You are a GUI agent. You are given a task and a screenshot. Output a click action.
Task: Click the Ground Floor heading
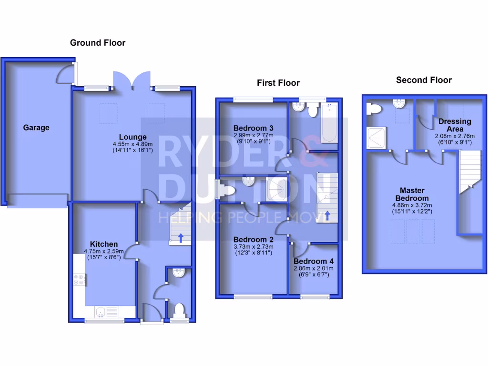[x=98, y=43]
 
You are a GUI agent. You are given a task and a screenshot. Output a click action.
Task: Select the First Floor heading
[x=278, y=83]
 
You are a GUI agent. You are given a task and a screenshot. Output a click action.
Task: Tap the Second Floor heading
[x=424, y=80]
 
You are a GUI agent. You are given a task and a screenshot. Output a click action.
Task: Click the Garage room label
[x=36, y=128]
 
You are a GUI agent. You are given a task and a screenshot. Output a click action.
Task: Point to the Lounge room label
[x=133, y=137]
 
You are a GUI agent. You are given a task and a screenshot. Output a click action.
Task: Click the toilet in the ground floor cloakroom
[x=179, y=310]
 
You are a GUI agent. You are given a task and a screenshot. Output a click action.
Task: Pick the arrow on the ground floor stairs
[x=181, y=237]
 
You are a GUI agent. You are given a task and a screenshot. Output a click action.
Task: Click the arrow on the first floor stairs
[x=327, y=216]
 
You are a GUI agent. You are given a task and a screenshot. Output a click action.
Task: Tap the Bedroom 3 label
[x=253, y=128]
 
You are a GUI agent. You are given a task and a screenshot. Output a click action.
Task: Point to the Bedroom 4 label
[x=314, y=262]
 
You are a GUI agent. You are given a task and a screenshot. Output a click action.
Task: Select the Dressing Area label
[x=455, y=125]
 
